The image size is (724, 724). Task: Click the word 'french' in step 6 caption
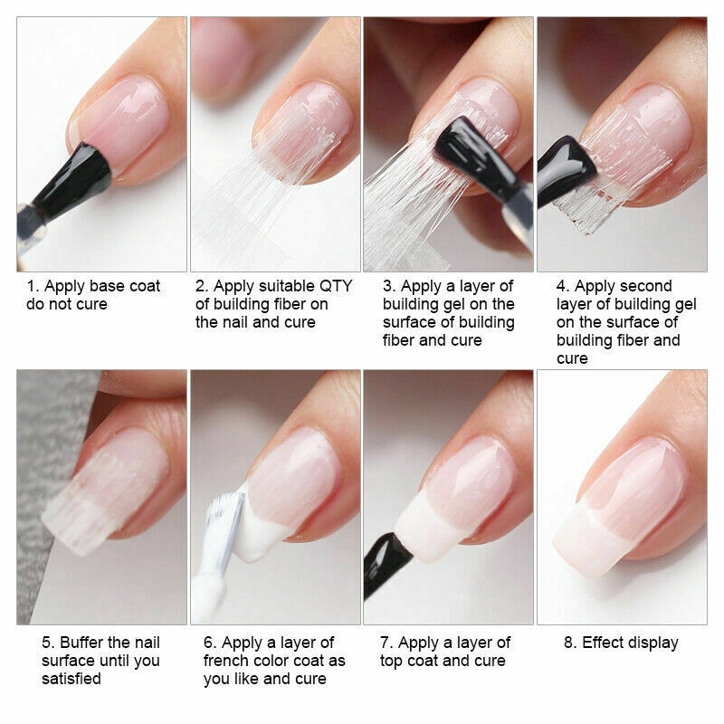coord(230,661)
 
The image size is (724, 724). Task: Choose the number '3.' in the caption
coord(389,286)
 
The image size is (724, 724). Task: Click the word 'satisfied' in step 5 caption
coord(71,679)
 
